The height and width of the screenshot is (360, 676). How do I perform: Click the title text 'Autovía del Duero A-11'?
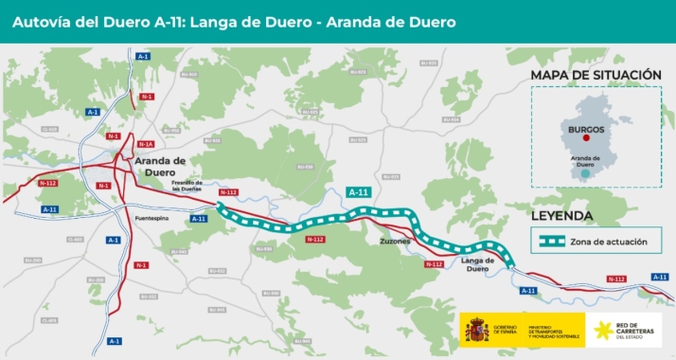point(95,21)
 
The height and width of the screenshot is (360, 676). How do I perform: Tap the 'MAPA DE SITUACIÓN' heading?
point(595,75)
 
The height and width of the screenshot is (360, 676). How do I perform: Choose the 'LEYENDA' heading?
point(562,216)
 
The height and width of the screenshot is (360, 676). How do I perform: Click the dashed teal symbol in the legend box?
point(553,242)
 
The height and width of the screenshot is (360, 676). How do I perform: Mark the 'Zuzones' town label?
point(395,242)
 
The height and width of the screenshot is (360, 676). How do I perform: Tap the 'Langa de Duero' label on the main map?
point(477,263)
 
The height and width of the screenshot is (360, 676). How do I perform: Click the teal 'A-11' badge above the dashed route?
point(359,192)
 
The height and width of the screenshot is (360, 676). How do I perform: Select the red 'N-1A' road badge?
point(145,144)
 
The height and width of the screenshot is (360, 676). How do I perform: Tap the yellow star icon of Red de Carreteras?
point(600,330)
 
